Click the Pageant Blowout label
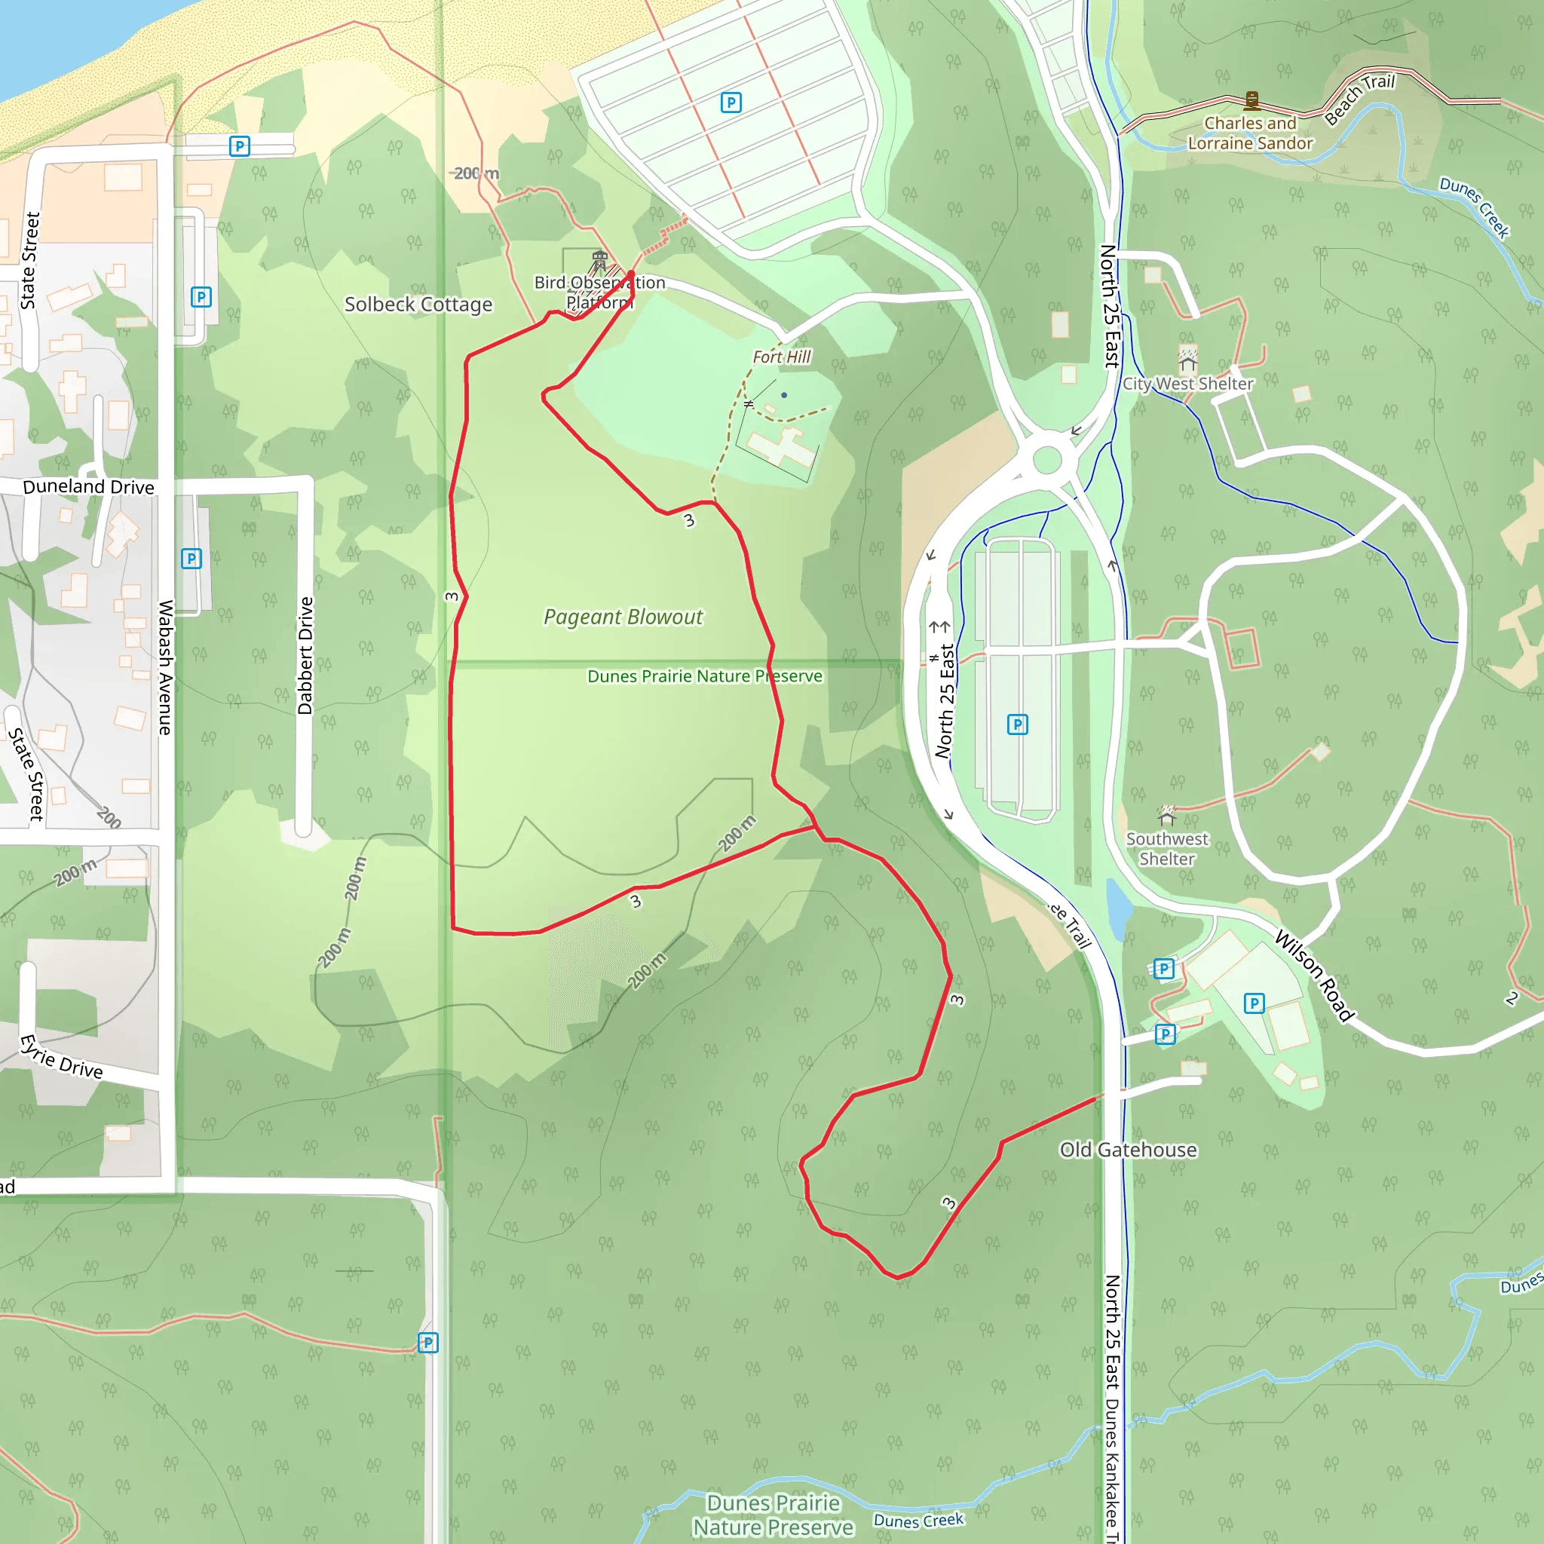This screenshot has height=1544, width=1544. pyautogui.click(x=623, y=617)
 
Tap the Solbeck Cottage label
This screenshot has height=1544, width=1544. pyautogui.click(x=418, y=305)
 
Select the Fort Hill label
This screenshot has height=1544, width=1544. pyautogui.click(x=782, y=357)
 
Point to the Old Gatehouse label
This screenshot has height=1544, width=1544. pyautogui.click(x=1128, y=1150)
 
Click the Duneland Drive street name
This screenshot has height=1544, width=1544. pyautogui.click(x=88, y=487)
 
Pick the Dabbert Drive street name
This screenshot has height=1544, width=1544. pyautogui.click(x=305, y=655)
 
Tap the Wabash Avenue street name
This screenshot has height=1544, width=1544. pyautogui.click(x=165, y=667)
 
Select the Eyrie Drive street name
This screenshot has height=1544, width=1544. pyautogui.click(x=62, y=1057)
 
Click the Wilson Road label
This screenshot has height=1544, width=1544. pyautogui.click(x=1314, y=975)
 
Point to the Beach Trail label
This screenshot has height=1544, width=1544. pyautogui.click(x=1359, y=99)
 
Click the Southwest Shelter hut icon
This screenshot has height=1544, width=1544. pyautogui.click(x=1167, y=816)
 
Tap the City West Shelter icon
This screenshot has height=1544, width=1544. pyautogui.click(x=1187, y=359)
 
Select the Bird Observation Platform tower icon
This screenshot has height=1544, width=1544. pyautogui.click(x=599, y=261)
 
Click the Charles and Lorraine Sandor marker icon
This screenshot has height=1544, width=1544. pyautogui.click(x=1252, y=101)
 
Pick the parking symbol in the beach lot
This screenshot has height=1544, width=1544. pyautogui.click(x=731, y=103)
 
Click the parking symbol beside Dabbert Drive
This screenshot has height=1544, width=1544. pyautogui.click(x=191, y=559)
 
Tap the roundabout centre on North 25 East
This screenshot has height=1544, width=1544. pyautogui.click(x=1047, y=461)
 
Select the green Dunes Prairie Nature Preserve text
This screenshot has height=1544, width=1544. pyautogui.click(x=704, y=676)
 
